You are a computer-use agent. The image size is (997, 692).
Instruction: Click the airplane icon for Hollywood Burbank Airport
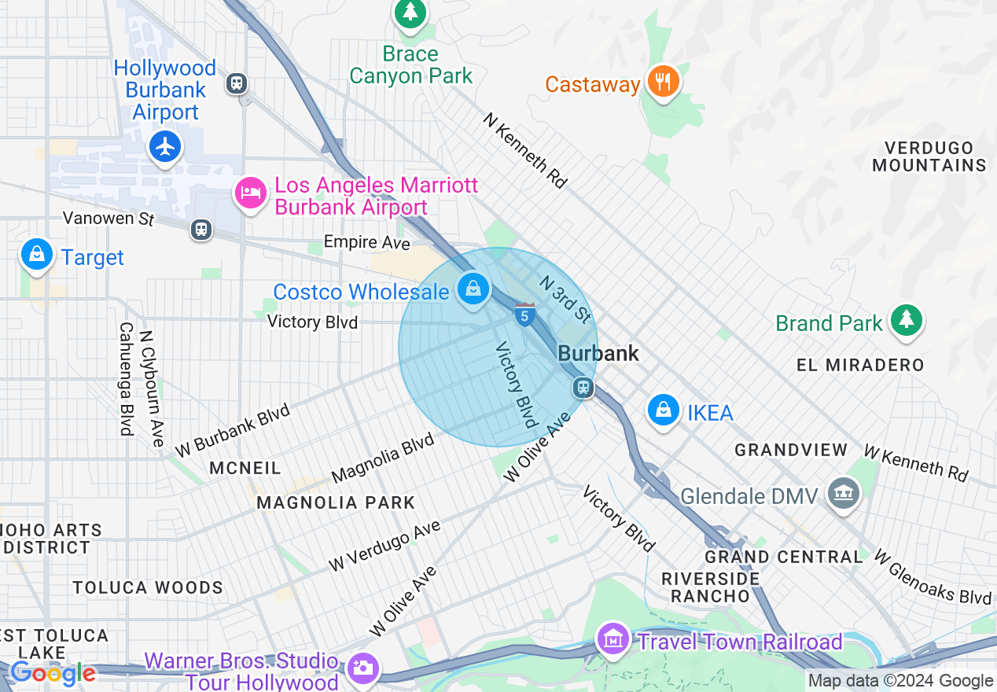(x=165, y=146)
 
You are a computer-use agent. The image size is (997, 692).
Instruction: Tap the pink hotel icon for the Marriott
(x=251, y=193)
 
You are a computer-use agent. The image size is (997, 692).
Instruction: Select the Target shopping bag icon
(x=36, y=254)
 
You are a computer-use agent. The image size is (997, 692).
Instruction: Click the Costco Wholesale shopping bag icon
(x=473, y=289)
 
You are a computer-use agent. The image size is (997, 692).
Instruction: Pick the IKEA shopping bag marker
(x=664, y=410)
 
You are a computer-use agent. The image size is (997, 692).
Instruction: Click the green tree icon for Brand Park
(x=907, y=318)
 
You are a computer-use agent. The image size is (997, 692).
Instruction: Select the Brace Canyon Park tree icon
(x=410, y=13)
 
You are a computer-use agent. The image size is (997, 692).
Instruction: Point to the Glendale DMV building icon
(x=844, y=494)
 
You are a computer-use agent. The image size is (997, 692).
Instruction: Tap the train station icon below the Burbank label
(x=583, y=387)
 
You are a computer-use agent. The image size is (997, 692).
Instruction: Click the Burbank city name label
(x=598, y=354)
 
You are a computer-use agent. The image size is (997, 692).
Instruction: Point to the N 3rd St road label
(x=564, y=299)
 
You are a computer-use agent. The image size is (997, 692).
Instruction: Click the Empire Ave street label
(x=366, y=242)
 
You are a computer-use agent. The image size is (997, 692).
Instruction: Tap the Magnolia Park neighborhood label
(x=336, y=502)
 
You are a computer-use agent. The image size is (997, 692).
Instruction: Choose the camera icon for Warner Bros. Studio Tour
(x=362, y=668)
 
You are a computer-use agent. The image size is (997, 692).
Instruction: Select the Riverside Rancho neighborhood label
(x=710, y=587)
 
